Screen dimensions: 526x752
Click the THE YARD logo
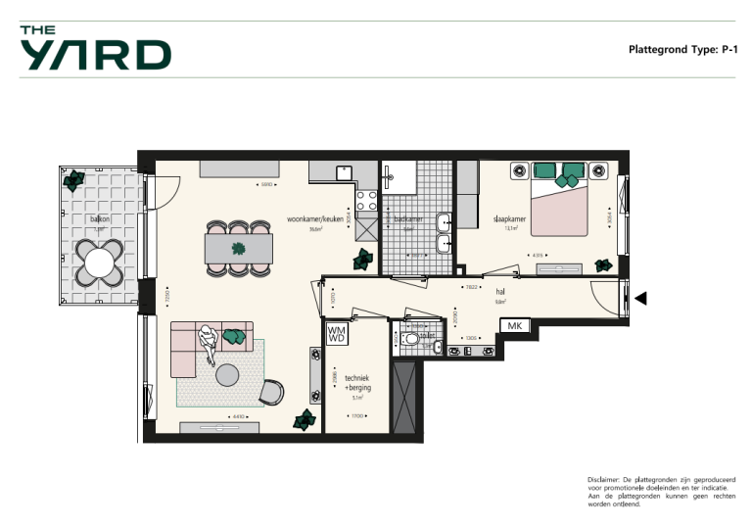tap(95, 48)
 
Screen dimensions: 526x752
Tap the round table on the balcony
tap(99, 262)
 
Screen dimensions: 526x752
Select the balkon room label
tap(99, 219)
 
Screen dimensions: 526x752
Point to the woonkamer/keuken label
tap(314, 219)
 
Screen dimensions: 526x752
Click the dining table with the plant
tap(238, 249)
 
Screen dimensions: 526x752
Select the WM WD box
tap(336, 334)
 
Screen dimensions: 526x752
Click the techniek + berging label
tap(356, 382)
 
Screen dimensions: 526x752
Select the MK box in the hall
tap(515, 325)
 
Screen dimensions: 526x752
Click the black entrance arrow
tap(641, 299)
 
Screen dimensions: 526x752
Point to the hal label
tap(499, 291)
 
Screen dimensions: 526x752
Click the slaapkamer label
tap(509, 219)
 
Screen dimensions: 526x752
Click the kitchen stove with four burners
tap(366, 201)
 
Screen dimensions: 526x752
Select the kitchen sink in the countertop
tap(343, 172)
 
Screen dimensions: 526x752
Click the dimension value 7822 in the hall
tap(471, 287)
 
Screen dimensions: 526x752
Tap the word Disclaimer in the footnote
tap(604, 478)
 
